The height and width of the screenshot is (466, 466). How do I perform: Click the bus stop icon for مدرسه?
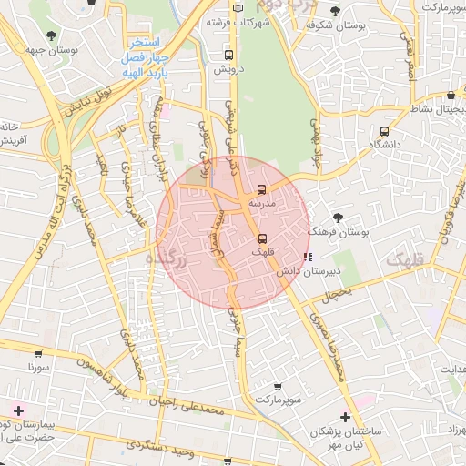[x=262, y=190]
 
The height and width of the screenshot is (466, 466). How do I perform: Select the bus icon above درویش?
[x=227, y=54]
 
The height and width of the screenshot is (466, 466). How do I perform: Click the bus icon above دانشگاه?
[x=385, y=131]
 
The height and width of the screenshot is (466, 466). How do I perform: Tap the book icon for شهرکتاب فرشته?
[x=238, y=8]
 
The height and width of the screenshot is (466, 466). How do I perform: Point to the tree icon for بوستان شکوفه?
[x=336, y=11]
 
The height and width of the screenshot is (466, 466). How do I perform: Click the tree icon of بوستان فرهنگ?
[x=339, y=218]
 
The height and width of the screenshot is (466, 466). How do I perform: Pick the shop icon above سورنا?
[x=37, y=353]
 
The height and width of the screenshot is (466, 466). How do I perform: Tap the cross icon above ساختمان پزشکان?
[x=344, y=416]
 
